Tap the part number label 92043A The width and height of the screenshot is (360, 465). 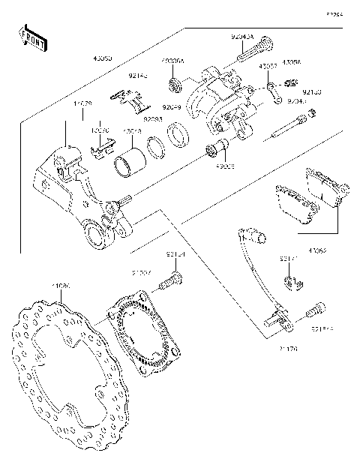click(x=241, y=36)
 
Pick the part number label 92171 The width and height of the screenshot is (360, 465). click(x=290, y=258)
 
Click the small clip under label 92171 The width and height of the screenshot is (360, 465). click(x=294, y=282)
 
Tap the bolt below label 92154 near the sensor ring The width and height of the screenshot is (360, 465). click(x=172, y=283)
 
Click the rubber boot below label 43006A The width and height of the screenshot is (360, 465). click(x=174, y=82)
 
